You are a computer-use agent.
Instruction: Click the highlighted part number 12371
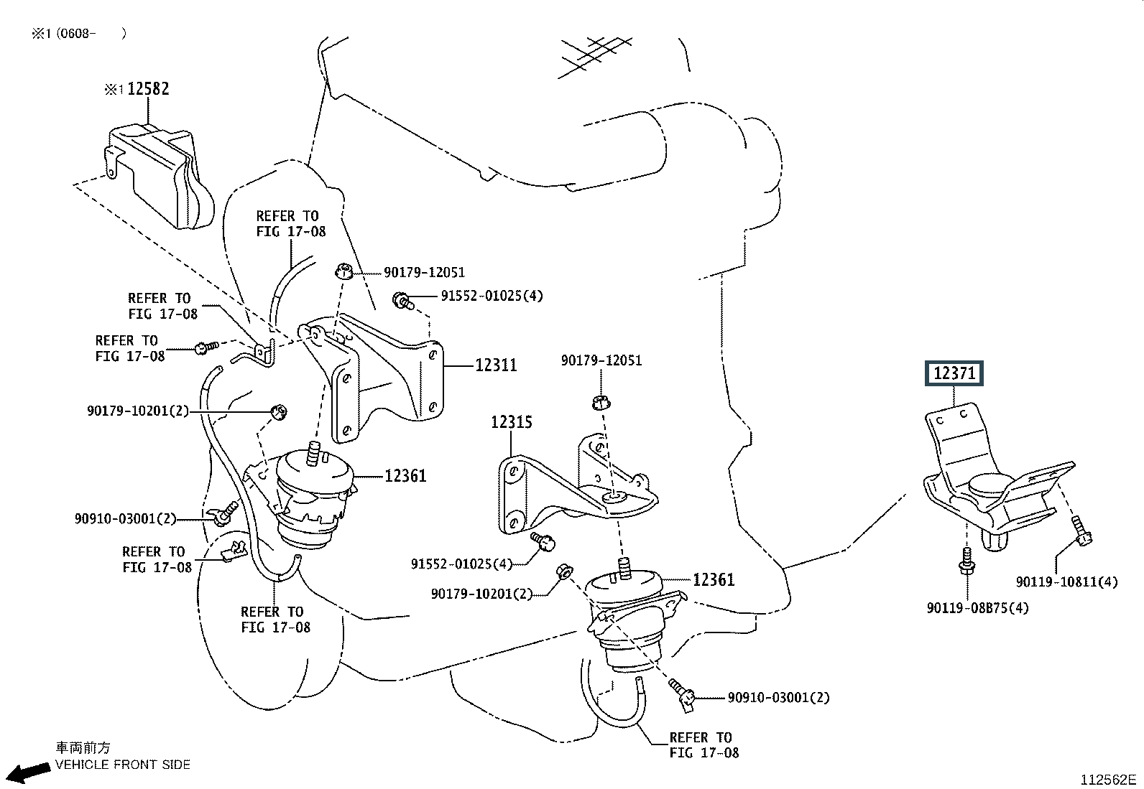pos(954,373)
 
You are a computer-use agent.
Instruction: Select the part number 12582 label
pos(148,89)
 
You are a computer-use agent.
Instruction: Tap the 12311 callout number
pos(496,365)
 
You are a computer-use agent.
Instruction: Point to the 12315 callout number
pos(512,422)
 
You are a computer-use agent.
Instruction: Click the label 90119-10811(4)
pos(1066,582)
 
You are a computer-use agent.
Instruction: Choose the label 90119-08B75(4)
pos(977,608)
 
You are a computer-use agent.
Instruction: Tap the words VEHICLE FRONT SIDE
pos(123,765)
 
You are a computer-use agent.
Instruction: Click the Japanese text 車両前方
pos(83,747)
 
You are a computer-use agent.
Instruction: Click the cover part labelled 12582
pos(162,176)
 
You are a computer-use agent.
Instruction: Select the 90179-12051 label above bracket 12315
pos(601,360)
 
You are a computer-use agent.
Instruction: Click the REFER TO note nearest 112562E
pos(704,745)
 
